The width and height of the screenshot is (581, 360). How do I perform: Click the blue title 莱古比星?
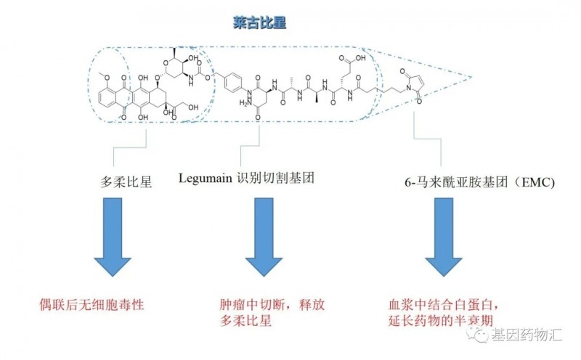[255, 22]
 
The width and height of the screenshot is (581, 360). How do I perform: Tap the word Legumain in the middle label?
[204, 177]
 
